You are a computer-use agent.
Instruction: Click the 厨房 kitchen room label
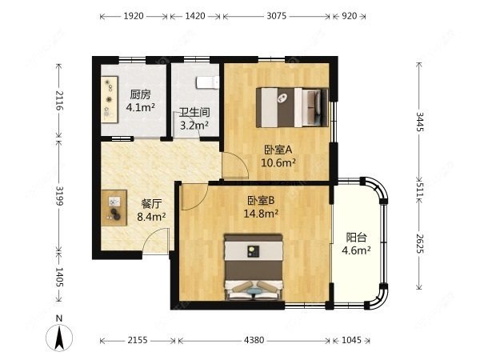140,94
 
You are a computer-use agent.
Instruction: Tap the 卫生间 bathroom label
194,112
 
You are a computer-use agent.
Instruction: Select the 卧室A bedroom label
278,150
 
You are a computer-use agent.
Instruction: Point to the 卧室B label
261,201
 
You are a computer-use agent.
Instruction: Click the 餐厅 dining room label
151,203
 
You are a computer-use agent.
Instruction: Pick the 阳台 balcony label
356,238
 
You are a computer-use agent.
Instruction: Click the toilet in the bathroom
208,82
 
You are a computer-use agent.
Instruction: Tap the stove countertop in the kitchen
110,99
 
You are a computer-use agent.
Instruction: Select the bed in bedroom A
292,107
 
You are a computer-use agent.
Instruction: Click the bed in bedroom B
254,267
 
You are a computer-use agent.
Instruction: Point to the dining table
114,207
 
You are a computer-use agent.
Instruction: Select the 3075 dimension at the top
277,16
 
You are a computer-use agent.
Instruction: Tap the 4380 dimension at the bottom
254,340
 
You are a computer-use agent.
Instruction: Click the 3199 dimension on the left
60,196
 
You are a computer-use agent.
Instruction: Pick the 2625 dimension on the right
420,244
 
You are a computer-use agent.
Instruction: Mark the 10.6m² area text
278,162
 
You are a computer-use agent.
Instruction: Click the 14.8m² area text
261,214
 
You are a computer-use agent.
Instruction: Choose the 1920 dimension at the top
134,16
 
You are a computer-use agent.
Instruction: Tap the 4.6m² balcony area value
356,250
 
